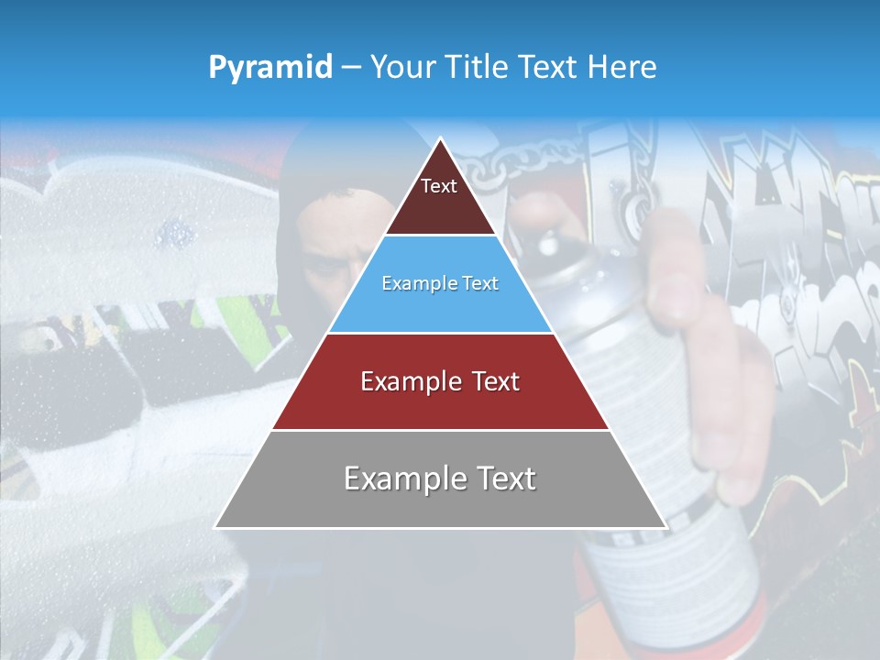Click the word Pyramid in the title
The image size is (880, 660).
click(270, 67)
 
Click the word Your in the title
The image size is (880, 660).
click(401, 67)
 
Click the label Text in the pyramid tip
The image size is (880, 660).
click(439, 186)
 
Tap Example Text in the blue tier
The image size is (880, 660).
click(440, 283)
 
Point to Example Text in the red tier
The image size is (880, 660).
click(440, 381)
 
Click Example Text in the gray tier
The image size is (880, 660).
click(440, 478)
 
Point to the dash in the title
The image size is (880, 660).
click(350, 67)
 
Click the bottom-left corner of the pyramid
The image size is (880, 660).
click(215, 527)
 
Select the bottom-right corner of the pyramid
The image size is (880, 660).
click(666, 527)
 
